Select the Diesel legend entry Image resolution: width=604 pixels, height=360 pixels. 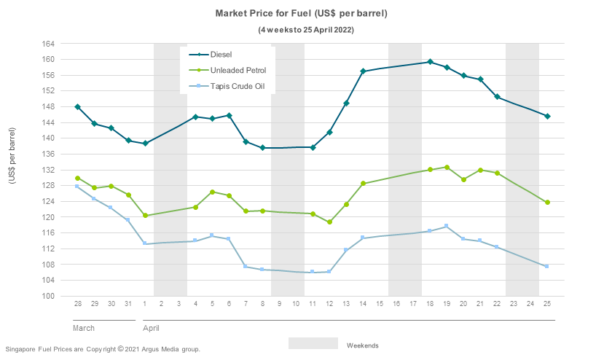221,55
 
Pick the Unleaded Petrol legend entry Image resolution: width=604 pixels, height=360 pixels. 238,71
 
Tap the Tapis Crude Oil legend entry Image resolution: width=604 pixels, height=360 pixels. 237,87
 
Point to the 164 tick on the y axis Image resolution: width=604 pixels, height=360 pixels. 48,44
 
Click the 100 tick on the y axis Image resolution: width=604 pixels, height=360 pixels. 48,296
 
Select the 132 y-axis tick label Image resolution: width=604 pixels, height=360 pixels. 48,170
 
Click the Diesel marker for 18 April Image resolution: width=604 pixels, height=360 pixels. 430,62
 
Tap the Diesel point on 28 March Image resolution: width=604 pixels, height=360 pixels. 78,107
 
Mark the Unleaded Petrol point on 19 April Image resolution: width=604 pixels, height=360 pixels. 447,168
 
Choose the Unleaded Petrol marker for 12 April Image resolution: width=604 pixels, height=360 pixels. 329,222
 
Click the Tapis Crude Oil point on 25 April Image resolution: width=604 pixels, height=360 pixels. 546,266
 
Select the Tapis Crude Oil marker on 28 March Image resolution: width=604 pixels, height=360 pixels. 78,187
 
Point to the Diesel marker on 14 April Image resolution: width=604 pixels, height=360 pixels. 363,71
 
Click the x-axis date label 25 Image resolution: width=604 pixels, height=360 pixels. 546,303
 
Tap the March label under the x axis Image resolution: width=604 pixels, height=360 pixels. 84,328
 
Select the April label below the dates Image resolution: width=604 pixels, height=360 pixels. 151,328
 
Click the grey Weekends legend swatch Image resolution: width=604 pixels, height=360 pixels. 313,343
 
